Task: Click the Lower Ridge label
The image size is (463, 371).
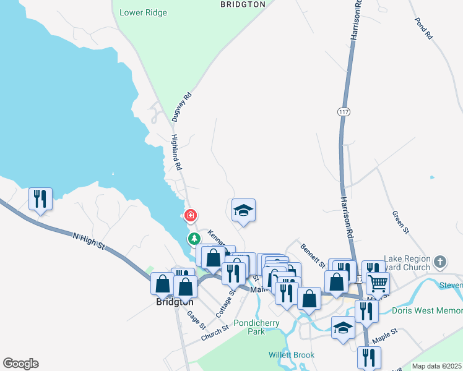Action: pyautogui.click(x=144, y=12)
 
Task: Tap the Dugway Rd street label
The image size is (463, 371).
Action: pyautogui.click(x=183, y=106)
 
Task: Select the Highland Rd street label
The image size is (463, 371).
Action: pyautogui.click(x=176, y=153)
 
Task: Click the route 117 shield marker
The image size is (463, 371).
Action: pyautogui.click(x=344, y=112)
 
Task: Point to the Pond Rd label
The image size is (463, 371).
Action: pyautogui.click(x=424, y=28)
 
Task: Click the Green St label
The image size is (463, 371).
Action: pyautogui.click(x=400, y=222)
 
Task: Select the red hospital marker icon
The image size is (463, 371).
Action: pyautogui.click(x=191, y=215)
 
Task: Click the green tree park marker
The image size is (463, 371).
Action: pyautogui.click(x=194, y=238)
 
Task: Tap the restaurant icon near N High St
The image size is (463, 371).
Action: pyautogui.click(x=40, y=198)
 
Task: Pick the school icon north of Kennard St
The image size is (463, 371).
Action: pyautogui.click(x=243, y=210)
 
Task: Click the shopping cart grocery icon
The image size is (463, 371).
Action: pyautogui.click(x=378, y=283)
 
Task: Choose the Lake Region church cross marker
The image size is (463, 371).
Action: pyautogui.click(x=440, y=262)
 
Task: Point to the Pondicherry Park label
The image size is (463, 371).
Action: pyautogui.click(x=257, y=327)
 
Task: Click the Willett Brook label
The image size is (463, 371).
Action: pyautogui.click(x=291, y=355)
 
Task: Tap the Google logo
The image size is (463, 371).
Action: pyautogui.click(x=20, y=364)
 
